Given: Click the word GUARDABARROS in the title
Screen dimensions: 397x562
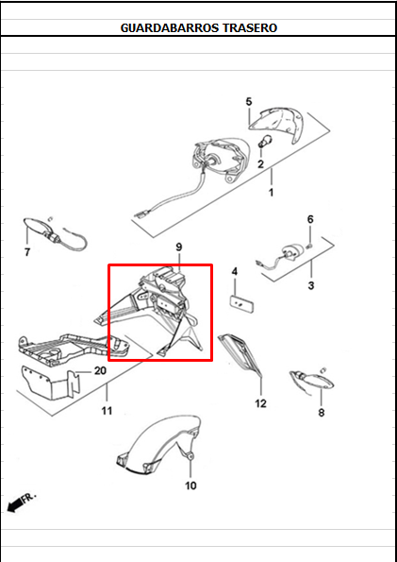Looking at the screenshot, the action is (170, 28).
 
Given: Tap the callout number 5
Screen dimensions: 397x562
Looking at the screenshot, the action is (249, 102).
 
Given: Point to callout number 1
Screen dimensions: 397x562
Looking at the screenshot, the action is (271, 192).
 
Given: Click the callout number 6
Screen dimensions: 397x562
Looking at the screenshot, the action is (310, 219).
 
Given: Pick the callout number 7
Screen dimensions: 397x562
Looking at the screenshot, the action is (27, 252).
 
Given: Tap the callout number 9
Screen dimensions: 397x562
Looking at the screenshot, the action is (179, 247).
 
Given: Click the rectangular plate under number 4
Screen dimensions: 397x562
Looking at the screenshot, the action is (241, 303).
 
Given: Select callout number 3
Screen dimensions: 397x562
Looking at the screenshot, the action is (311, 285).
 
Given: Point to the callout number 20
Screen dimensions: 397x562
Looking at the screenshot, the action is (100, 370).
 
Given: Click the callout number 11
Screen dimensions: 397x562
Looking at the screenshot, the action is (107, 410).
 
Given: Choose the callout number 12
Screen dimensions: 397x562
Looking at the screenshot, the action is (260, 403).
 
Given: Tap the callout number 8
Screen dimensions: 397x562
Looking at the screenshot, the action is (322, 413).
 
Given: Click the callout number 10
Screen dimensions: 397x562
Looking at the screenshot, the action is (190, 485).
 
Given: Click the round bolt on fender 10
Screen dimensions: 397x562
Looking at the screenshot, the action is (190, 456).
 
